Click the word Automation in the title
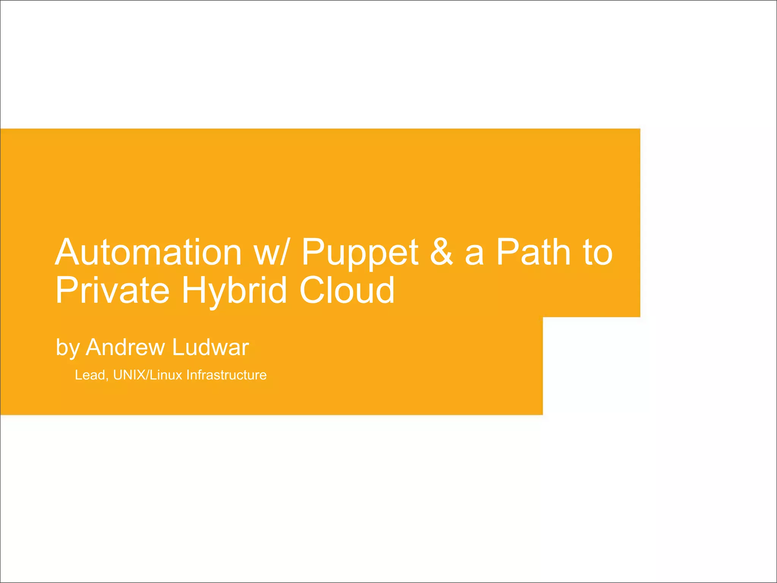(x=148, y=252)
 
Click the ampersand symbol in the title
(x=441, y=252)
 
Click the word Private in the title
(x=112, y=291)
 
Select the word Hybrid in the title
(x=234, y=291)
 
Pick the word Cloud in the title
(x=347, y=291)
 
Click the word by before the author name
(x=68, y=347)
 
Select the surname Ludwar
(x=211, y=347)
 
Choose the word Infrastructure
(x=226, y=375)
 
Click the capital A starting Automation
(x=68, y=252)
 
